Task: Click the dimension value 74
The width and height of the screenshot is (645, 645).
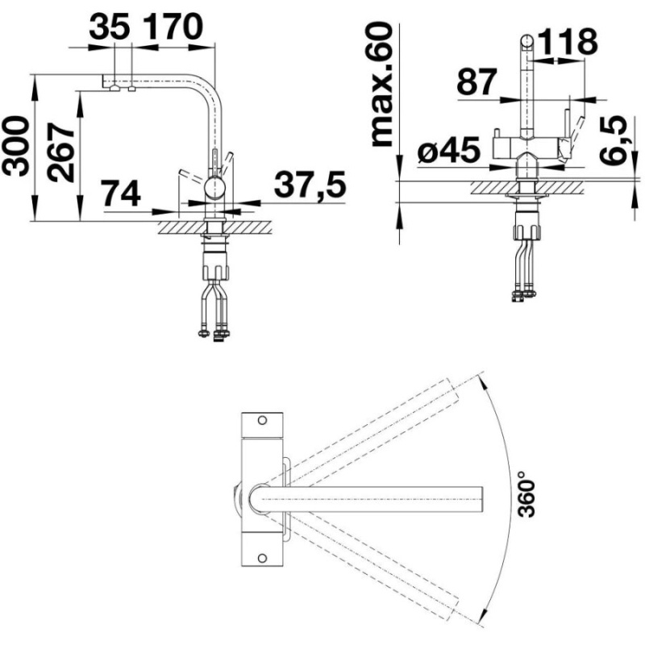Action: click(121, 193)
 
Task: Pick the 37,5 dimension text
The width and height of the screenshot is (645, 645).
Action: click(310, 185)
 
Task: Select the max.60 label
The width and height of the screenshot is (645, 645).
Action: click(385, 85)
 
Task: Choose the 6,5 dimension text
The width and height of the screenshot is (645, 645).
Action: click(617, 139)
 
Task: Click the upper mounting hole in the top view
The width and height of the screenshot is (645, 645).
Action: click(262, 420)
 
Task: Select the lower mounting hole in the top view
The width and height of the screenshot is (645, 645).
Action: click(262, 557)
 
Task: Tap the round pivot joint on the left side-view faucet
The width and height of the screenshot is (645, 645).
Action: click(214, 189)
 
